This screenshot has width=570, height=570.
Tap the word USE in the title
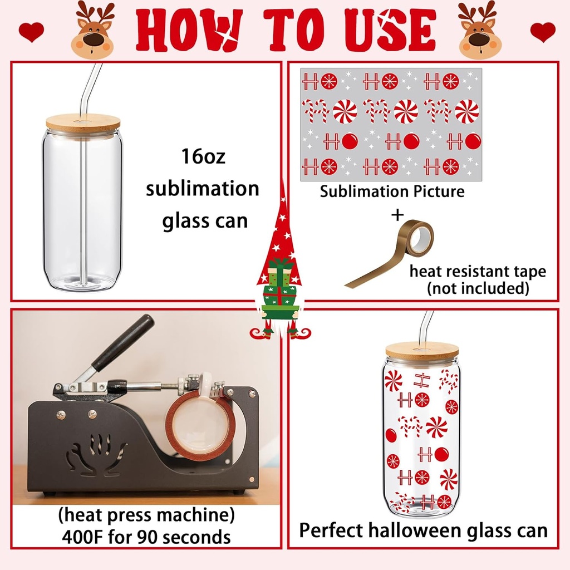[x=390, y=30]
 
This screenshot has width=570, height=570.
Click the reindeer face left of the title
[x=92, y=30]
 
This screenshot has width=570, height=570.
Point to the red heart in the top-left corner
[x=31, y=32]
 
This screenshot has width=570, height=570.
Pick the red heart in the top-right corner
[x=543, y=32]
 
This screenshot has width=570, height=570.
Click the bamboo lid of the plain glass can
[x=83, y=122]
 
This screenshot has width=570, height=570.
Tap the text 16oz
[x=203, y=156]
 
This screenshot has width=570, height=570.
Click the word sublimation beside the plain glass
[x=203, y=189]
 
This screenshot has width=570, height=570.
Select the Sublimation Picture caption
[x=392, y=191]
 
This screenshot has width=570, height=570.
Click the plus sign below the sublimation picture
[x=397, y=214]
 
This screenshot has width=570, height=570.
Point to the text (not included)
[x=478, y=288]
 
